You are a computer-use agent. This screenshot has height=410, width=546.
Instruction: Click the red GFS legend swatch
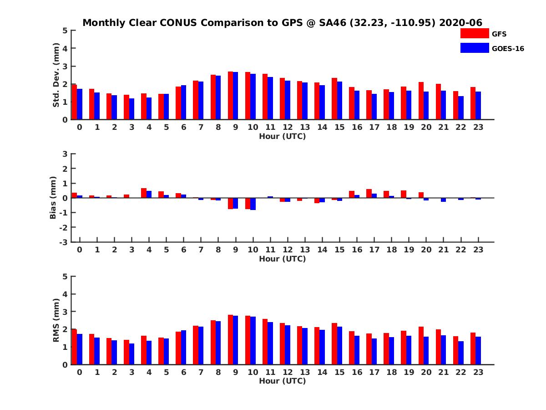[474, 33]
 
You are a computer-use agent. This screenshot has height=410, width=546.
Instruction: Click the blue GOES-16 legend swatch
[474, 48]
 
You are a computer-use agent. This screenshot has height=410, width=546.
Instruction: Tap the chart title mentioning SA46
[282, 23]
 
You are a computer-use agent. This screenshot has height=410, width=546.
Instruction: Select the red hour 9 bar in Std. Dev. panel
[230, 96]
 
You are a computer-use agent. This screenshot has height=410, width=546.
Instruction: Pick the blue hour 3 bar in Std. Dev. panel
[131, 109]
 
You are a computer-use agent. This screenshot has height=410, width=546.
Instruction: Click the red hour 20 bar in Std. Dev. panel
[421, 101]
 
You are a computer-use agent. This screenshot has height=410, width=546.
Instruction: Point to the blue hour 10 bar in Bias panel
[253, 204]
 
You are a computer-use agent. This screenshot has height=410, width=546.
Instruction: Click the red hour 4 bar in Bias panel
[144, 193]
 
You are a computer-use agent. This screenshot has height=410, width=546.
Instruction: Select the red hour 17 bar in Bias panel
[369, 194]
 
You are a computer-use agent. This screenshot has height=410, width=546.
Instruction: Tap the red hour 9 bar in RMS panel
[230, 339]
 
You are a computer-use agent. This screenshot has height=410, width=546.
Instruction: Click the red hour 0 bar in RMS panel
[74, 347]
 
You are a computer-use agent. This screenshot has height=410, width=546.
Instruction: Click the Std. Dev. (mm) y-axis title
[56, 75]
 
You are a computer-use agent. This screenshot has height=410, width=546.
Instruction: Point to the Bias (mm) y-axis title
[53, 197]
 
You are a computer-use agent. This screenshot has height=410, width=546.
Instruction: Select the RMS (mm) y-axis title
[56, 320]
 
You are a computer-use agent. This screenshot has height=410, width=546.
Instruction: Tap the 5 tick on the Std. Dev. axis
[65, 31]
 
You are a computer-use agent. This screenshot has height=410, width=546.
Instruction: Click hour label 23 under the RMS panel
[478, 372]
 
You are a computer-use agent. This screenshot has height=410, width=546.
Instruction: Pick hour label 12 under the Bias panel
[288, 250]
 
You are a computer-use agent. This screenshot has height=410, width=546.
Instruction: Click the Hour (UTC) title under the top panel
[282, 136]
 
